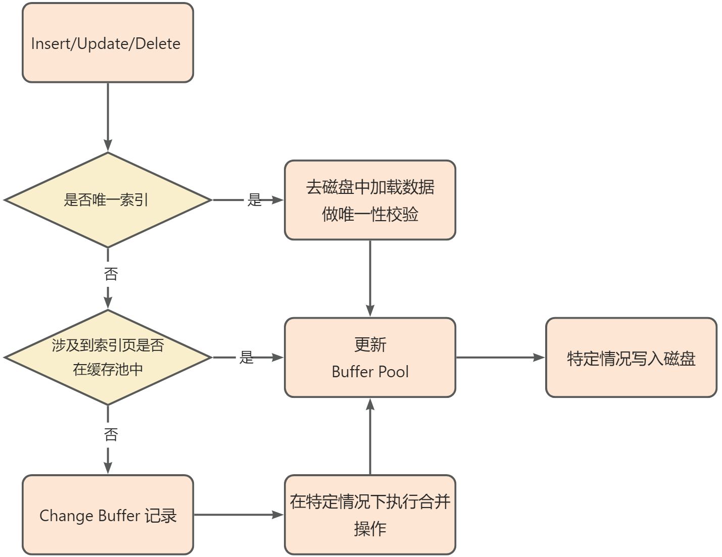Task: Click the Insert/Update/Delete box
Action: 108,43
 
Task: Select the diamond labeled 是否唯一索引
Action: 108,200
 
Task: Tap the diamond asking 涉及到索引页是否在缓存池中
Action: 108,357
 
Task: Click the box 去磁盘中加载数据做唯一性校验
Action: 370,200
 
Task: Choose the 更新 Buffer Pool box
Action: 370,358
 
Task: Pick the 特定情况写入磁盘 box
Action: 631,358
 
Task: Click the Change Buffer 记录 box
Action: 108,515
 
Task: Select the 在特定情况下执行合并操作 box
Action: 370,515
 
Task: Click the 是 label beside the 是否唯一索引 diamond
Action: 254,200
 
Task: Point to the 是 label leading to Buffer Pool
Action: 246,358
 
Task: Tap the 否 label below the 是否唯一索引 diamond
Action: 111,274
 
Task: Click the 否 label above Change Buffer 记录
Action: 111,434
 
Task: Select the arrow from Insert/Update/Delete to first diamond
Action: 108,116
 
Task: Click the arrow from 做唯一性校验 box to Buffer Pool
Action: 370,278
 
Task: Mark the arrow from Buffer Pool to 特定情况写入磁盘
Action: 500,358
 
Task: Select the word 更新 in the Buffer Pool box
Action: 370,344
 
